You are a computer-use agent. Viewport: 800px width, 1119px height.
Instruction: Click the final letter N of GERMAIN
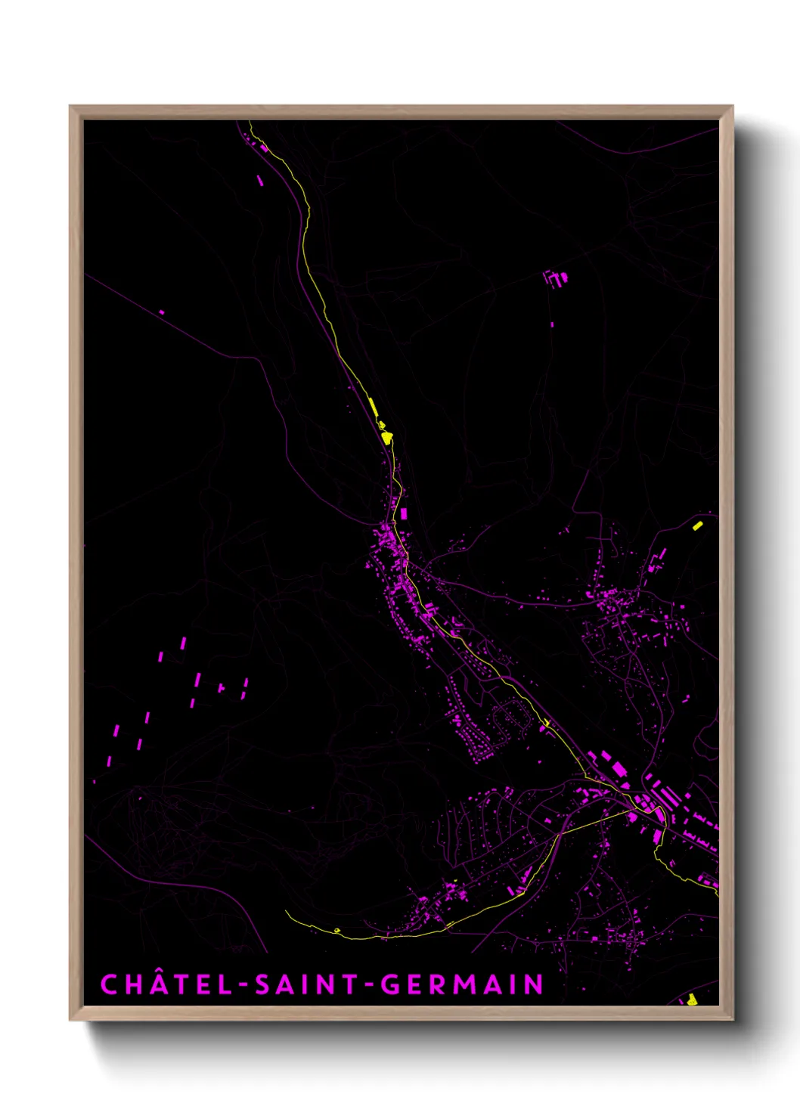(535, 984)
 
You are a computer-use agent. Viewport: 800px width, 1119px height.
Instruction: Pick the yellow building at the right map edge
(697, 525)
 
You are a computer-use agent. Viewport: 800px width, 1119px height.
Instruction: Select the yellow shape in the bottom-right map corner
(692, 1000)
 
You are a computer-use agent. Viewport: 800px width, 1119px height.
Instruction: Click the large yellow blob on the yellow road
(386, 437)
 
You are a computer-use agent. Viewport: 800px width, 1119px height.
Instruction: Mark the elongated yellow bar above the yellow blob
(373, 407)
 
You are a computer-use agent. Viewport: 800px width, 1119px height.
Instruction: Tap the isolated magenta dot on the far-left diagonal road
(162, 312)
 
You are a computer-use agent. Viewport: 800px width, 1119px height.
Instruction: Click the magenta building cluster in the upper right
(556, 278)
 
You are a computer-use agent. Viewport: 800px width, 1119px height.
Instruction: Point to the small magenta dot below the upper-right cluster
(552, 324)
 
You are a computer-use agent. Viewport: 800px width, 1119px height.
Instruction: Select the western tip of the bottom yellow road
(287, 913)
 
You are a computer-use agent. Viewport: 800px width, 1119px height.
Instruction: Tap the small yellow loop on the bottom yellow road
(336, 930)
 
